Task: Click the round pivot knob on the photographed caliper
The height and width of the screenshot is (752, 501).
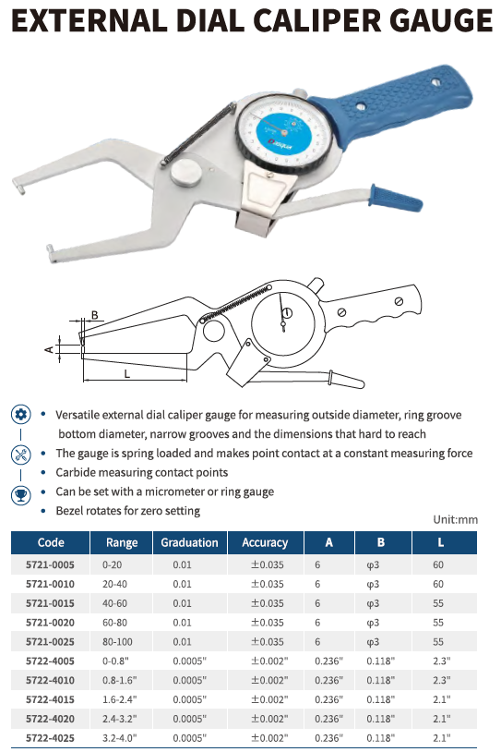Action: pos(185,173)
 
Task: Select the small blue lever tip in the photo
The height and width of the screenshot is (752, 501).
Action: pos(396,198)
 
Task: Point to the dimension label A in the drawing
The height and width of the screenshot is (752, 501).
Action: pos(49,349)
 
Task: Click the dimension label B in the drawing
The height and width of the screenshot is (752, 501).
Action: pos(94,315)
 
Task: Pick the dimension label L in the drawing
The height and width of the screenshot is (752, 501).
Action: pos(127,373)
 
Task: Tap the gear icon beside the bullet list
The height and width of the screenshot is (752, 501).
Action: pos(20,415)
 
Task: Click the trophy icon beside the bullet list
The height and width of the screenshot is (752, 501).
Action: pos(20,494)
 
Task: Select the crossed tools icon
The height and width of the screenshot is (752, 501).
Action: pos(20,455)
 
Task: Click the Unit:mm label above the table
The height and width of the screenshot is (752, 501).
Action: pos(455,519)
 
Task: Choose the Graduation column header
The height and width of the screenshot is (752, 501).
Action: pos(189,542)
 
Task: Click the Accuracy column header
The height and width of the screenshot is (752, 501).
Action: pos(265,542)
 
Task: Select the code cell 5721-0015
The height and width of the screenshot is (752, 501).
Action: pos(51,603)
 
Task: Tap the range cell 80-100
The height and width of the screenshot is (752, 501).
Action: pos(117,642)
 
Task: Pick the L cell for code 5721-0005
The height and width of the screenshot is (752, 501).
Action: pos(438,565)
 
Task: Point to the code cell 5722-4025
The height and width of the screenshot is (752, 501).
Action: pos(51,737)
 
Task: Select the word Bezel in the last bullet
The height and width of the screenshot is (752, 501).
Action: pos(68,511)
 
